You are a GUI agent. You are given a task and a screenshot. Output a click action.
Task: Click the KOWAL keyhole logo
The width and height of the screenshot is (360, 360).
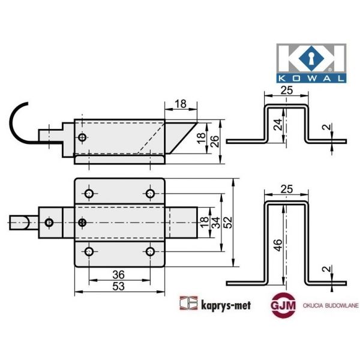click(310, 62)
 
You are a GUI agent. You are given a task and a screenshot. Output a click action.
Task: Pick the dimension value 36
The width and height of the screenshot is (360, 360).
click(119, 274)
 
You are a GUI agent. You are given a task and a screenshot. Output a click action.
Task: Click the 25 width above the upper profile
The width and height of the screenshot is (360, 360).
click(287, 90)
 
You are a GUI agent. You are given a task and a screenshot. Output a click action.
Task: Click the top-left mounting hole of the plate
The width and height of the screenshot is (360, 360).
click(89, 193)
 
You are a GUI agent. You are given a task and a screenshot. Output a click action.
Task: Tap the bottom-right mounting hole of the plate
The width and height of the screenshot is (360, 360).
click(149, 252)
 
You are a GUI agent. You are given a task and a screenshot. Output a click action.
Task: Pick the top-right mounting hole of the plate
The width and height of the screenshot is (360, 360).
click(149, 193)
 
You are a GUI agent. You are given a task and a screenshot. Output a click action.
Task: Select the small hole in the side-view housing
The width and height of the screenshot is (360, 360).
click(82, 138)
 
